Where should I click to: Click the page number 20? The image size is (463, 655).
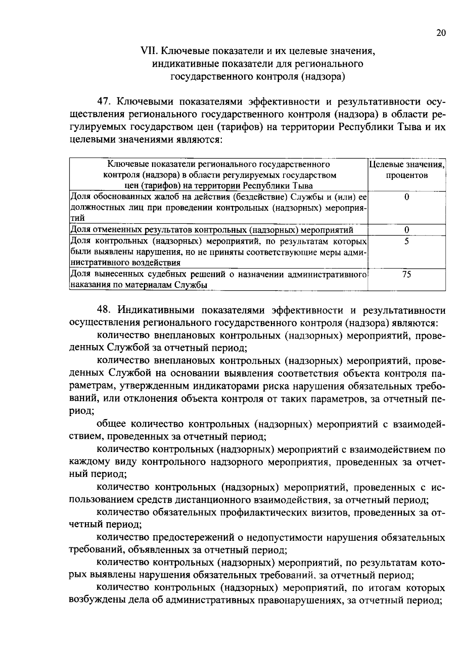click(x=441, y=33)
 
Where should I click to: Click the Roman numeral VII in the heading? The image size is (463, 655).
click(x=149, y=51)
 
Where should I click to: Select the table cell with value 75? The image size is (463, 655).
click(x=406, y=274)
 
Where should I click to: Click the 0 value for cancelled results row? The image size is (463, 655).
click(x=407, y=230)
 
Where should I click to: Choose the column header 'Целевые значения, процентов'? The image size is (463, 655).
click(x=407, y=170)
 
